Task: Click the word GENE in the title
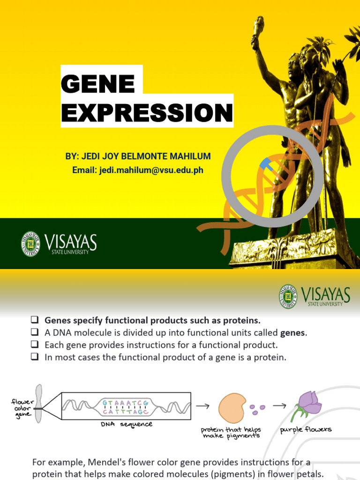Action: (x=98, y=83)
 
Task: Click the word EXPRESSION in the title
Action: (x=147, y=113)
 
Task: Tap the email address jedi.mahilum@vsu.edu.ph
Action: (x=138, y=170)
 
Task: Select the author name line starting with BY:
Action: (x=138, y=156)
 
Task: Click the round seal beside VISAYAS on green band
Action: (x=30, y=244)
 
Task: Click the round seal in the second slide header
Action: (x=288, y=296)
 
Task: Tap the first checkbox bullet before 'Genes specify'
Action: (x=35, y=321)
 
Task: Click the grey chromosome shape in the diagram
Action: (x=39, y=404)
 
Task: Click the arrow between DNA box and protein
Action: (x=202, y=406)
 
